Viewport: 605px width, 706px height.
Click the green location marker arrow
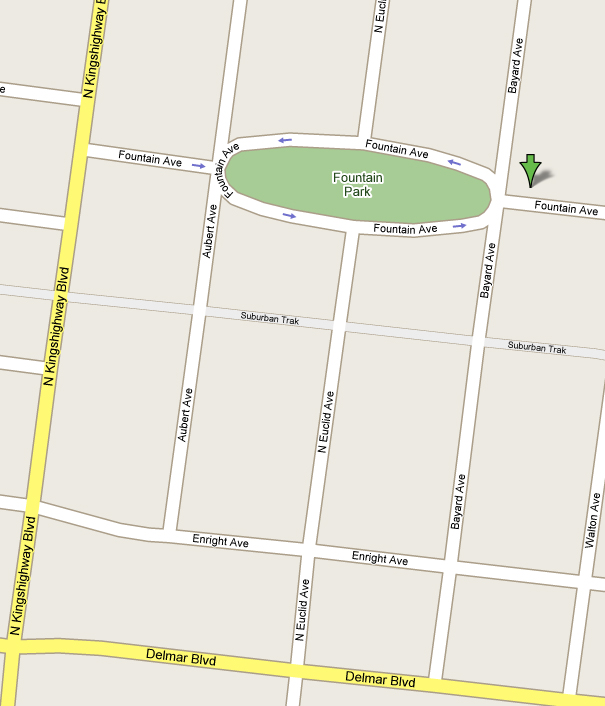(530, 170)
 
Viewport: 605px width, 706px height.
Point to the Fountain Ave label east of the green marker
(565, 208)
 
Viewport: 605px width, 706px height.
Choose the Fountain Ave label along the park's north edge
(396, 149)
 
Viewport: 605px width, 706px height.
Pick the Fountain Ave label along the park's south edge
(405, 229)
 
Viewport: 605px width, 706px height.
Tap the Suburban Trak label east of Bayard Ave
(536, 348)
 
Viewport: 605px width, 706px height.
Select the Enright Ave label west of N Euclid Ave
(221, 541)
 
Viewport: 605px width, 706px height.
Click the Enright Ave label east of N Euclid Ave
(380, 558)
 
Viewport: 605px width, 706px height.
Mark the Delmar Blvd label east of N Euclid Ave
(380, 679)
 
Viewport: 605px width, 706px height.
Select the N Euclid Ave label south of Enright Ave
(301, 609)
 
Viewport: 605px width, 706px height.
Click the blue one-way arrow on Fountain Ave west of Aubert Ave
(198, 165)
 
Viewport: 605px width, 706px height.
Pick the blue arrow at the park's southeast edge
(459, 226)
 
